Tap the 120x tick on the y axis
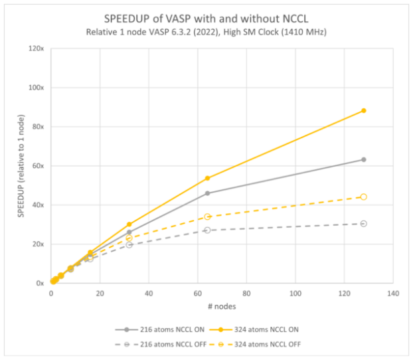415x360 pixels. pyautogui.click(x=36, y=48)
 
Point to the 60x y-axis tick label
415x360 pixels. pyautogui.click(x=37, y=166)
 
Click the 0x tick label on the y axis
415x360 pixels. pyautogui.click(x=39, y=284)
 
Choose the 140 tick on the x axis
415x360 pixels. pyautogui.click(x=394, y=292)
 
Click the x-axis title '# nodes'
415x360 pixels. pyautogui.click(x=222, y=307)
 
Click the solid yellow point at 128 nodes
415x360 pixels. pyautogui.click(x=364, y=111)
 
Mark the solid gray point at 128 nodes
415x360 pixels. pyautogui.click(x=364, y=159)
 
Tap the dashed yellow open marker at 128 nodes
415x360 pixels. pyautogui.click(x=364, y=197)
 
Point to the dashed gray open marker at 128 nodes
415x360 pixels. pyautogui.click(x=364, y=223)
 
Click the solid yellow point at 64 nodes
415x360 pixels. pyautogui.click(x=207, y=178)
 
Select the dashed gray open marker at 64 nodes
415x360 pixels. pyautogui.click(x=207, y=230)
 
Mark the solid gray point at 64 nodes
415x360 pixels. pyautogui.click(x=207, y=193)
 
